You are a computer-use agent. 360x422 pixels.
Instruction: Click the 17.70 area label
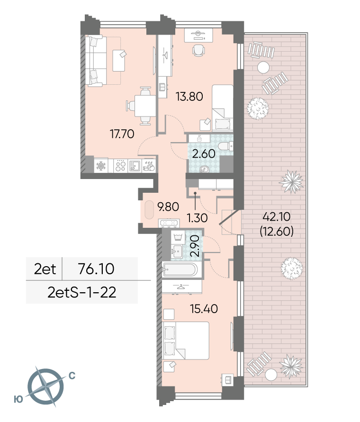122,134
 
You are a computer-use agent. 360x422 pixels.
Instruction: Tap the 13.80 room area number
189,96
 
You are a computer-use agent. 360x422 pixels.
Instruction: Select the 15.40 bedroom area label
204,309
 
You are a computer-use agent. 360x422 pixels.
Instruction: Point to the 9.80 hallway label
168,207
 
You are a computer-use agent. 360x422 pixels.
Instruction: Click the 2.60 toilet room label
204,153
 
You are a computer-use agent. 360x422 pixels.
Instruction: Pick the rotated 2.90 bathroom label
195,246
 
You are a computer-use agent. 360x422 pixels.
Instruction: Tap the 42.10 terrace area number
276,216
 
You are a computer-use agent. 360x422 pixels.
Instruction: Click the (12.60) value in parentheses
277,231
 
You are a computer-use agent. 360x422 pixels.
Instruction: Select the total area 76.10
96,269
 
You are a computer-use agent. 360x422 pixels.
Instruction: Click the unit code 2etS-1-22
82,292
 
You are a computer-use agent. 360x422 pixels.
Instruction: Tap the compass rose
46,386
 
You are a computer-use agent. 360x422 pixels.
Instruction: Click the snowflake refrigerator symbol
101,165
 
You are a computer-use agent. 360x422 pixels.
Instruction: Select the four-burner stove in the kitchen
120,165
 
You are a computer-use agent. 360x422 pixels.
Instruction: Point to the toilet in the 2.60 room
225,146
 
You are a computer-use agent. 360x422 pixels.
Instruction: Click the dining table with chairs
142,106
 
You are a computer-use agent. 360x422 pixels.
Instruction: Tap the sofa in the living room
96,61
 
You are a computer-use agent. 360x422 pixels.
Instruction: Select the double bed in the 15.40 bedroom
186,341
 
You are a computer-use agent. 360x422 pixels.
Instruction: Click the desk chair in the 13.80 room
198,50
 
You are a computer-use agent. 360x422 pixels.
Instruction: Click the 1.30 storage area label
197,218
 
